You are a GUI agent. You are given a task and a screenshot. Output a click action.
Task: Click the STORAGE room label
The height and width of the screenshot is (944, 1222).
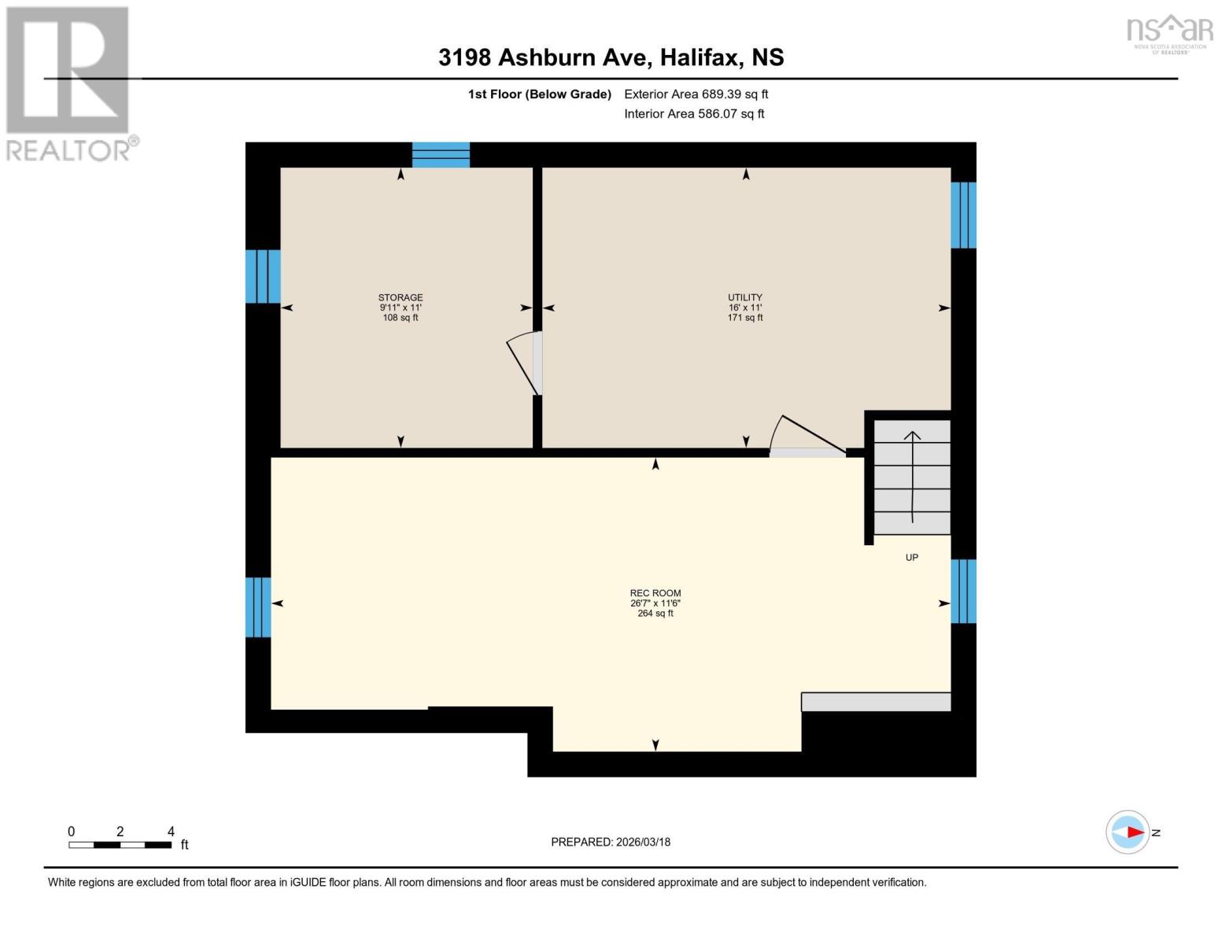click(x=400, y=297)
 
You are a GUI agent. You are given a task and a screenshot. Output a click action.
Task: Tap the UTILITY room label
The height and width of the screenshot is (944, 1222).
click(x=744, y=297)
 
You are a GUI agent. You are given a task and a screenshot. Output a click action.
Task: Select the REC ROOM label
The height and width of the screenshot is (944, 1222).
click(x=655, y=593)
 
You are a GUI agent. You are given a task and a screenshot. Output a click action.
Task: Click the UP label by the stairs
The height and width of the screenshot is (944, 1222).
click(x=911, y=558)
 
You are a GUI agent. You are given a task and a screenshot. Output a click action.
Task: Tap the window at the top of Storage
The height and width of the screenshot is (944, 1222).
click(x=441, y=155)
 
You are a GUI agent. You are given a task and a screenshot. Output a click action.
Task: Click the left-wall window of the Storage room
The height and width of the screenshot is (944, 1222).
click(x=263, y=276)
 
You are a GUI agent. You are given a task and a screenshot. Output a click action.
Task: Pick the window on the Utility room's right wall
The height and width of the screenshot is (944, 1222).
click(x=963, y=215)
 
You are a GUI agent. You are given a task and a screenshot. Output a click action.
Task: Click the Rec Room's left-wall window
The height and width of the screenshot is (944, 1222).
click(x=258, y=607)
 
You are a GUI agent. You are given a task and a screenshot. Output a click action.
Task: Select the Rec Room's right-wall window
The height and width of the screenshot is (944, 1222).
click(x=963, y=591)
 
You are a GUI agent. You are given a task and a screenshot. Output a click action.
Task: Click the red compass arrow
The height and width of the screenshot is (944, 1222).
click(x=1134, y=832)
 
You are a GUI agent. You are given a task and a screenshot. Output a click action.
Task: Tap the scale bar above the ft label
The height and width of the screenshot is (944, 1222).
click(x=120, y=845)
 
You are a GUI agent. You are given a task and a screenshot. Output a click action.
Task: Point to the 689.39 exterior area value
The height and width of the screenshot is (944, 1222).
click(x=722, y=94)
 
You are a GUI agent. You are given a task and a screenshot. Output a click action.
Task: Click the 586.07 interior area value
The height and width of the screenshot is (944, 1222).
click(x=719, y=114)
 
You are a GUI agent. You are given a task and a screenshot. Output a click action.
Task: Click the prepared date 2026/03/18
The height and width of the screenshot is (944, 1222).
click(x=643, y=842)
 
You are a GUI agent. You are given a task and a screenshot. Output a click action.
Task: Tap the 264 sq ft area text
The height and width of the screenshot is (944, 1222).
click(x=655, y=614)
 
